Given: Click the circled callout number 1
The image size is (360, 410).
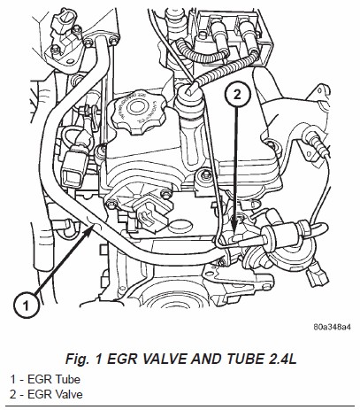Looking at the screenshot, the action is coord(26,305).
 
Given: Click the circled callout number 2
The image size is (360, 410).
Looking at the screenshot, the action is coord(237,95).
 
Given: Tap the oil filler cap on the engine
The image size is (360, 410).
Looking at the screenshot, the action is coord(137,112).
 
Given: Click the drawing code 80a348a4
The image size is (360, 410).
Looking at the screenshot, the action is coord(332,327).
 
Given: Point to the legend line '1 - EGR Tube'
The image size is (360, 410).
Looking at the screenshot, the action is coord(45,379).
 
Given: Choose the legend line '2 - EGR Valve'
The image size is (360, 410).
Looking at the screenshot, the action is coord(46,394).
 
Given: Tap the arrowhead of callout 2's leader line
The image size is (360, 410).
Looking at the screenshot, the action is coord(234,228).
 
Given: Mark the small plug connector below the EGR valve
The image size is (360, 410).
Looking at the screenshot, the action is coord(318,276).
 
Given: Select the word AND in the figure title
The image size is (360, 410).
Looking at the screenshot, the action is coord(207,359).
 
